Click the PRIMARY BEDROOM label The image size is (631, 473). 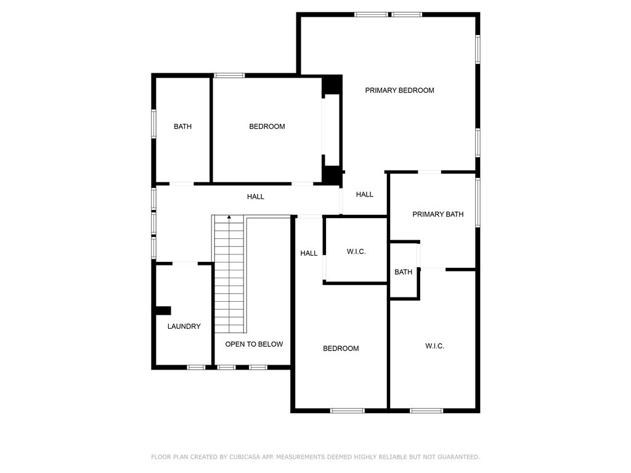tap(399, 91)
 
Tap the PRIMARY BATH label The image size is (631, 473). tap(438, 214)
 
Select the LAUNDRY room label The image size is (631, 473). tap(184, 326)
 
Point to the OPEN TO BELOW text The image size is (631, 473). tap(254, 344)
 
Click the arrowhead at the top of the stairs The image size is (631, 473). tap(229, 217)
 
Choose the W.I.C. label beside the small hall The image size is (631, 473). tap(356, 252)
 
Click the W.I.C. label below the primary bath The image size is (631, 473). tap(434, 346)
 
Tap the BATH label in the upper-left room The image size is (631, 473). tap(182, 127)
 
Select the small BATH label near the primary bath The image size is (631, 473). tap(403, 272)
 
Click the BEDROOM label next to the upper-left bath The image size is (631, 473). tap(267, 127)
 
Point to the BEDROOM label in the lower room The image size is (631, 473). tap(341, 349)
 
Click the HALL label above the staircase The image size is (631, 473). tap(256, 196)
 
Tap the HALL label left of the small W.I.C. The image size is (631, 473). tap(309, 253)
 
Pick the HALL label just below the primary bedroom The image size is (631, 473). tap(365, 195)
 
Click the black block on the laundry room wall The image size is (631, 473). tap(163, 310)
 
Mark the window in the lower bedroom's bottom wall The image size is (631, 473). tap(348, 411)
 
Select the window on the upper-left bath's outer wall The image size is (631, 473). tap(153, 124)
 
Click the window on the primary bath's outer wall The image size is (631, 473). tap(478, 202)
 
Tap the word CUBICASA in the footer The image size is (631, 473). tap(246, 457)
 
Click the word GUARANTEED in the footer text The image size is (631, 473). tap(458, 457)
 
